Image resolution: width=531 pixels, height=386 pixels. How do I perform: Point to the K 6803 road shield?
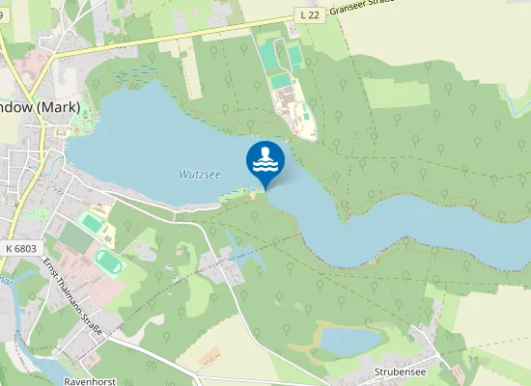click(20, 248)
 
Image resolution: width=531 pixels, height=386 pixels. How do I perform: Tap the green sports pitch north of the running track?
click(91, 223)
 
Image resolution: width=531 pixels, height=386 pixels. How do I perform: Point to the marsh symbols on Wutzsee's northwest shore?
click(135, 72)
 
